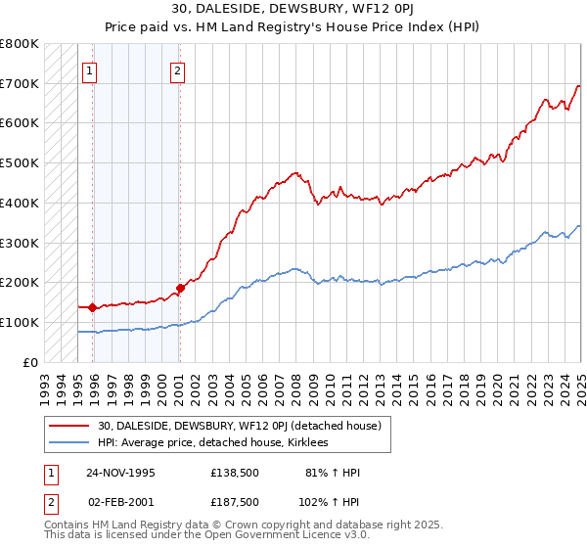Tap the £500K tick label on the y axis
point(20,162)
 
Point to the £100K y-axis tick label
point(20,322)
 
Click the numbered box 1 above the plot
point(89,70)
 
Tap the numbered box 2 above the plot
point(177,70)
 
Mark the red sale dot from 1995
point(92,307)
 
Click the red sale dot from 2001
point(180,288)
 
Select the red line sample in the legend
point(69,426)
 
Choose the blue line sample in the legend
point(69,443)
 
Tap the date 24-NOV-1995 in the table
point(120,473)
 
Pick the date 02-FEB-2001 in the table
point(120,501)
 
